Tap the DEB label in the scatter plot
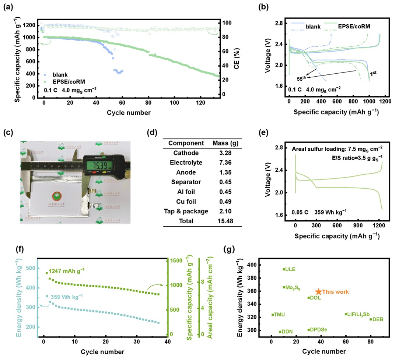(x=378, y=319)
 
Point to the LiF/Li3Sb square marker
(x=346, y=314)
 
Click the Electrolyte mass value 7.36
(x=222, y=162)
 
